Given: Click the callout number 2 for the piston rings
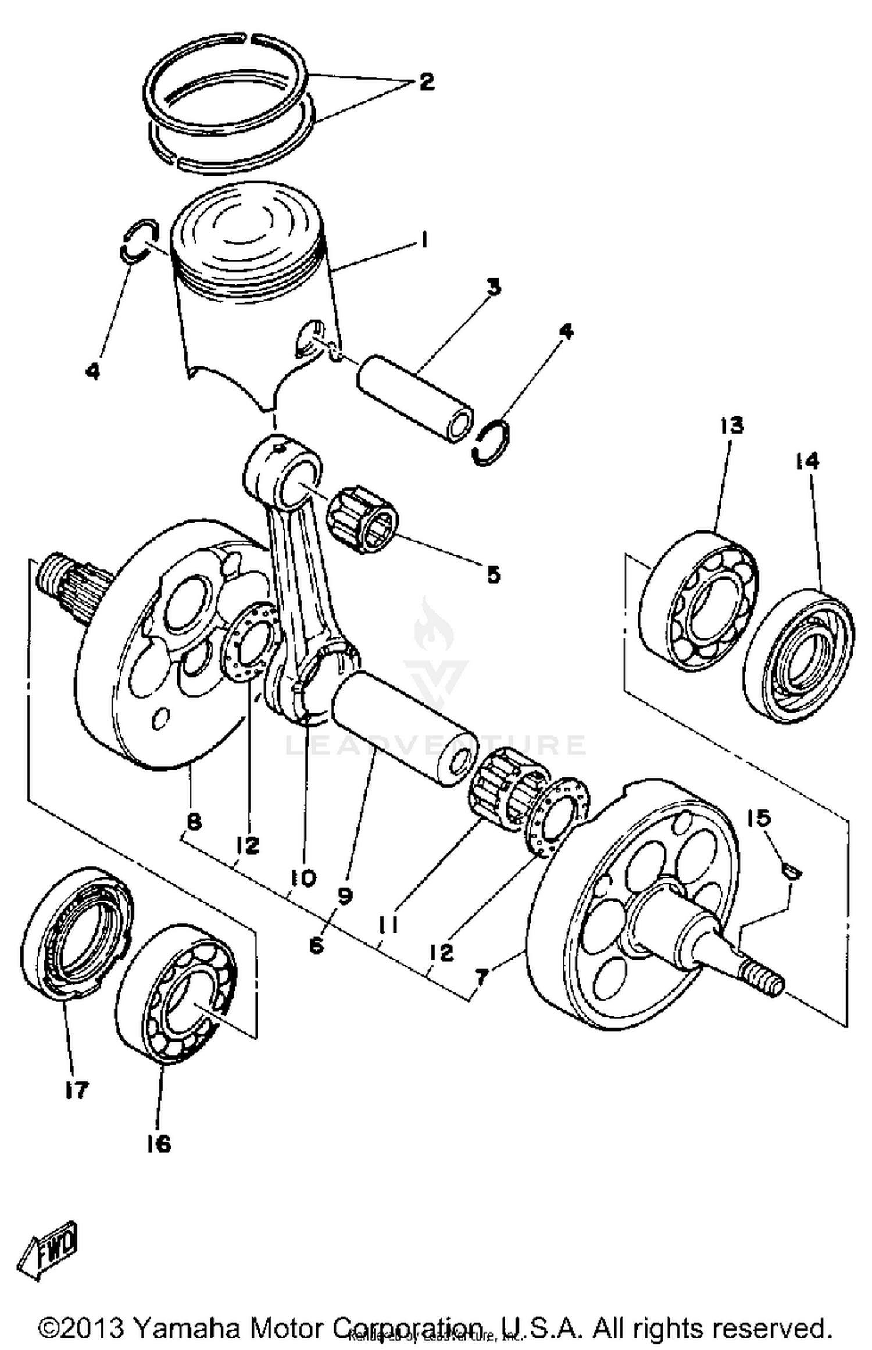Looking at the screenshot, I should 426,81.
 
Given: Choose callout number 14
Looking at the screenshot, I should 807,461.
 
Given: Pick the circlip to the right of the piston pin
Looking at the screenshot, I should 492,442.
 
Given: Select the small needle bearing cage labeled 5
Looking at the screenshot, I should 362,518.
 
